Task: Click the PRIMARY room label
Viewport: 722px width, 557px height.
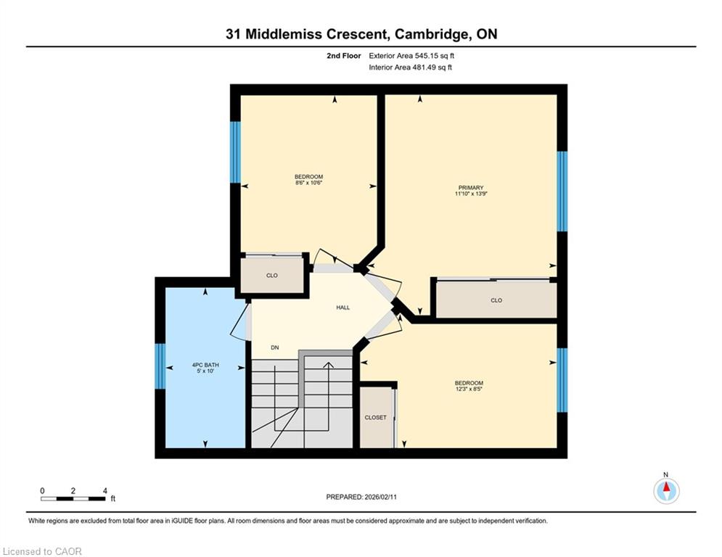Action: click(471, 187)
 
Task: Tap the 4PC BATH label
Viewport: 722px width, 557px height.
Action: click(205, 365)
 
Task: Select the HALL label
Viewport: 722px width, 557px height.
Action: click(343, 308)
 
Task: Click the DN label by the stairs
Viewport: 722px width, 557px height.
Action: click(275, 347)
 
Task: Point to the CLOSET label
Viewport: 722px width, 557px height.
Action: click(375, 418)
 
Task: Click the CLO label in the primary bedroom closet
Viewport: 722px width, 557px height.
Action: click(496, 300)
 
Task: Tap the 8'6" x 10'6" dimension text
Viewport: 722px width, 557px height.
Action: click(308, 183)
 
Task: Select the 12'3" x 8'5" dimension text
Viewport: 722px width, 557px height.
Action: click(469, 389)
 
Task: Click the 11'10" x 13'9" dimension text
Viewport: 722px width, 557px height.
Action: click(471, 194)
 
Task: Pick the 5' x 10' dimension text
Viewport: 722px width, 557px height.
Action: click(205, 371)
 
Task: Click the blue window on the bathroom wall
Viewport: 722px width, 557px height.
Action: click(160, 366)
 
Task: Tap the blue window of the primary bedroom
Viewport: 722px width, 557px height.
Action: click(562, 191)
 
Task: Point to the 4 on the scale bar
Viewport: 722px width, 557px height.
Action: click(105, 491)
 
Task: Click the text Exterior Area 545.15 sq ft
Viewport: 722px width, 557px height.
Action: click(411, 56)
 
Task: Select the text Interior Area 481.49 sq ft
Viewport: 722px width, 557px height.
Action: click(410, 67)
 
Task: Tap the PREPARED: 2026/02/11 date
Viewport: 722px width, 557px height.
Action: click(361, 497)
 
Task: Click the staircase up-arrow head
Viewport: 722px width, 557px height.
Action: click(328, 365)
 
